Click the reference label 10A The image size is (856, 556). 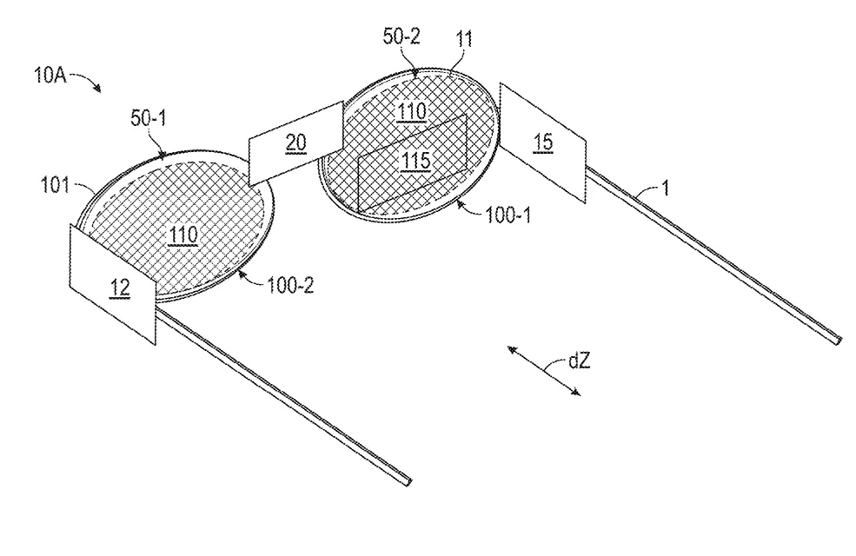pyautogui.click(x=50, y=75)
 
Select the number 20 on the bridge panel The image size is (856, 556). pyautogui.click(x=295, y=143)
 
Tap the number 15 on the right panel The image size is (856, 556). pyautogui.click(x=543, y=142)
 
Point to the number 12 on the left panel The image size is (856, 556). pyautogui.click(x=120, y=288)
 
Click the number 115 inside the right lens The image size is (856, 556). pyautogui.click(x=416, y=161)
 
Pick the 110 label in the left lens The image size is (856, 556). pyautogui.click(x=183, y=235)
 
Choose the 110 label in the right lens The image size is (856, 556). pyautogui.click(x=412, y=112)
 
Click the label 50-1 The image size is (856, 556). pyautogui.click(x=148, y=118)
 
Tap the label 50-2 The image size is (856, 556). pyautogui.click(x=401, y=36)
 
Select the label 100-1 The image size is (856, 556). pyautogui.click(x=508, y=215)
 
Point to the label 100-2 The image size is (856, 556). pyautogui.click(x=290, y=285)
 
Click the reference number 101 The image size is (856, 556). pyautogui.click(x=56, y=186)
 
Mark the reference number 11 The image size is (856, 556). pyautogui.click(x=464, y=39)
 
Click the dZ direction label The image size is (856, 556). pyautogui.click(x=580, y=361)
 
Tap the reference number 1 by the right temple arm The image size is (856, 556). pyautogui.click(x=665, y=189)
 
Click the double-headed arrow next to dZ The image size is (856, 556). pyautogui.click(x=544, y=370)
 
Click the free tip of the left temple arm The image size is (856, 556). pyautogui.click(x=409, y=481)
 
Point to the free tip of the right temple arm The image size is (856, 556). pyautogui.click(x=838, y=340)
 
